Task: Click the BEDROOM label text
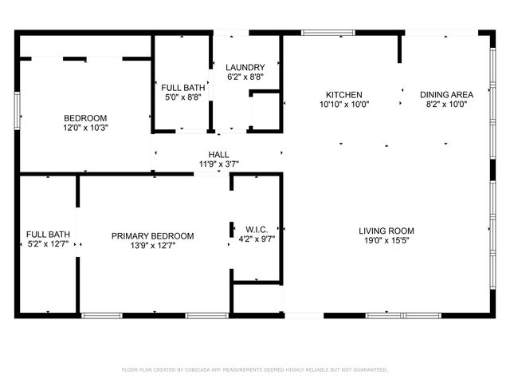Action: click(80, 117)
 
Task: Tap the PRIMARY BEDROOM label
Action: click(152, 235)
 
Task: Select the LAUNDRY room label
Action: click(245, 67)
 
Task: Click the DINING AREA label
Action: click(446, 94)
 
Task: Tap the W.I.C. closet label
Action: click(256, 228)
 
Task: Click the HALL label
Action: click(219, 155)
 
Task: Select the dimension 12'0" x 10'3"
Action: click(80, 127)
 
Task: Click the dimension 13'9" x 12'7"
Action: click(152, 246)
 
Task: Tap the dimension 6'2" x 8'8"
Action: click(245, 77)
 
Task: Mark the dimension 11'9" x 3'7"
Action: click(219, 164)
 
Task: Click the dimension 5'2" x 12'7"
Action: click(48, 245)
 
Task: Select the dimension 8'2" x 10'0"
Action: click(446, 104)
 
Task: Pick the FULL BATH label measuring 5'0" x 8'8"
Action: click(181, 88)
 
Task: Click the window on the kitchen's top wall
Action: click(328, 33)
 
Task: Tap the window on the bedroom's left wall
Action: click(17, 109)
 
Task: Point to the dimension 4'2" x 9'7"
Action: click(256, 238)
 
